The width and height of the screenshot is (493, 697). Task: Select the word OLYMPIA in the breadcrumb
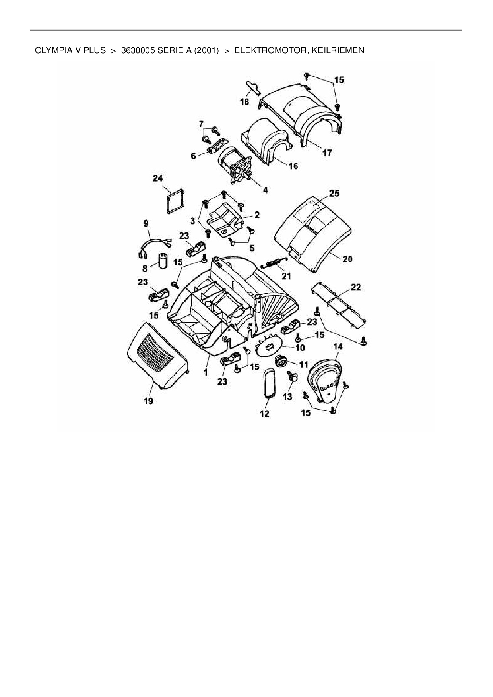tap(53, 50)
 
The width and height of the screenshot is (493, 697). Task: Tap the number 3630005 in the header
tap(137, 50)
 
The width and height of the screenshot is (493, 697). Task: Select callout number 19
tap(148, 401)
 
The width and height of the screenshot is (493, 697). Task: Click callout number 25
tap(334, 193)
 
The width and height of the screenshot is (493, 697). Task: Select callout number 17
tap(327, 153)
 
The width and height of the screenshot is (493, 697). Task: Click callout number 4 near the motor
tap(265, 190)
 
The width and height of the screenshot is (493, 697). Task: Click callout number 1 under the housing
tap(206, 373)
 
